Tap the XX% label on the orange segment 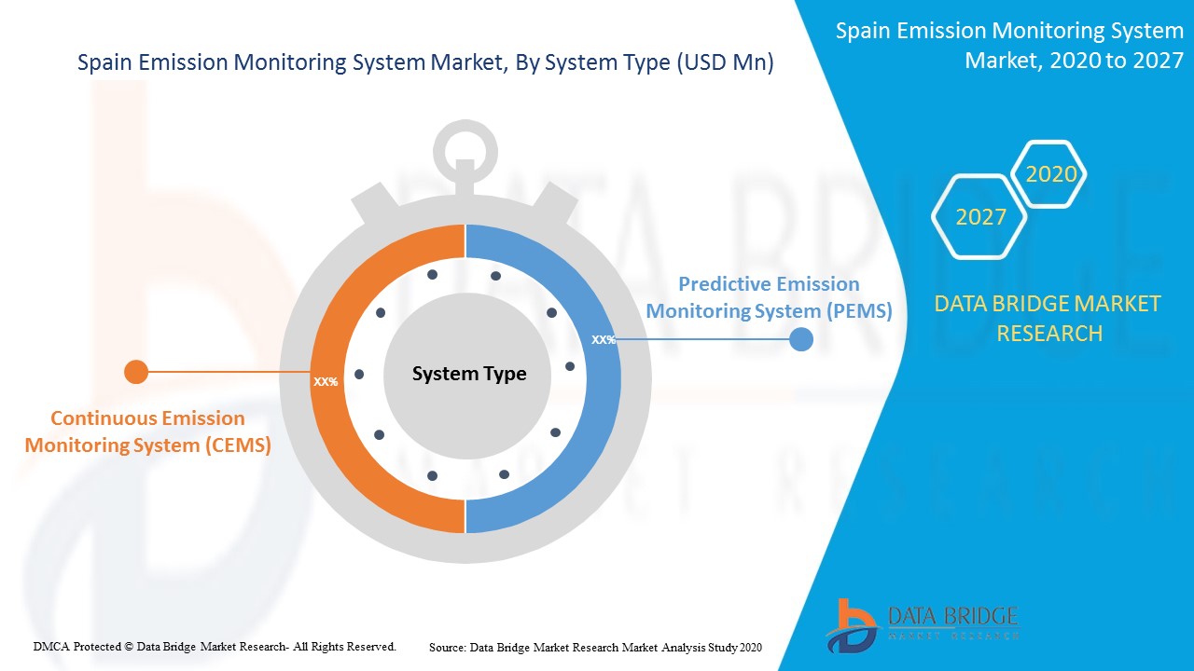point(326,382)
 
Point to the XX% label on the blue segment point(604,340)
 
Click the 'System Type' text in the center point(469,374)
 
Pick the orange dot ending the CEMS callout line point(136,372)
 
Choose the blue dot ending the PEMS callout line point(800,339)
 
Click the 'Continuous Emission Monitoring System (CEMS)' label point(147,431)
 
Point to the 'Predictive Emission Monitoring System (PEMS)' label point(770,297)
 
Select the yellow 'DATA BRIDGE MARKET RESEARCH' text point(1048,319)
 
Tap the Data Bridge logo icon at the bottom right point(852,626)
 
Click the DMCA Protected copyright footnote point(215,647)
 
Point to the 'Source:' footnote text point(595,648)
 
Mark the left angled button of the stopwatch point(375,203)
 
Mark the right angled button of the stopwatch point(555,202)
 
